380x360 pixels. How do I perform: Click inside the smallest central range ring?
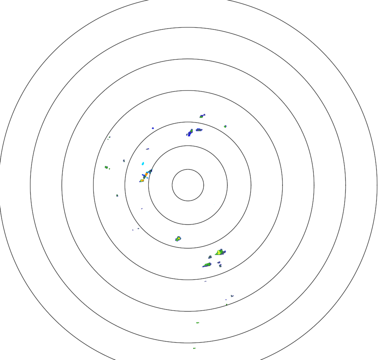188,185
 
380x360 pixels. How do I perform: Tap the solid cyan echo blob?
143,163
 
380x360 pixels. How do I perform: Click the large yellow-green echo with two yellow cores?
220,252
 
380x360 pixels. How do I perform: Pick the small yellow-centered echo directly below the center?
178,238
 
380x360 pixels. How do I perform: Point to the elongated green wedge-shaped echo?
207,265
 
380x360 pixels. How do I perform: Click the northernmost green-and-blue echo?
202,116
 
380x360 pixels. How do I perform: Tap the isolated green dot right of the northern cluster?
225,126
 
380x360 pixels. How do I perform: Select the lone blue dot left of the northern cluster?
153,128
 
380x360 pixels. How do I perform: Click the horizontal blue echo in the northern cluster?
199,130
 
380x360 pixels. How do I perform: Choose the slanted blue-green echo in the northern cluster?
190,132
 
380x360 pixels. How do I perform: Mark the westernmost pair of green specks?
107,167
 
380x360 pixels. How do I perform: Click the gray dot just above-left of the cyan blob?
124,161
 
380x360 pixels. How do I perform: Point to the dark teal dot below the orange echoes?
117,195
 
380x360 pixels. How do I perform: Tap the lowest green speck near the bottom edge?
194,348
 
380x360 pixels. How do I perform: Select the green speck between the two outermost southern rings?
198,323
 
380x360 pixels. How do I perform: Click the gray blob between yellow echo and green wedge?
210,257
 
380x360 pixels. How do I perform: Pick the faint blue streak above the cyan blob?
147,149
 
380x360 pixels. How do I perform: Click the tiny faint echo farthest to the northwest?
109,137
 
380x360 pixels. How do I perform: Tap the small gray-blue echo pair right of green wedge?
219,264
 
